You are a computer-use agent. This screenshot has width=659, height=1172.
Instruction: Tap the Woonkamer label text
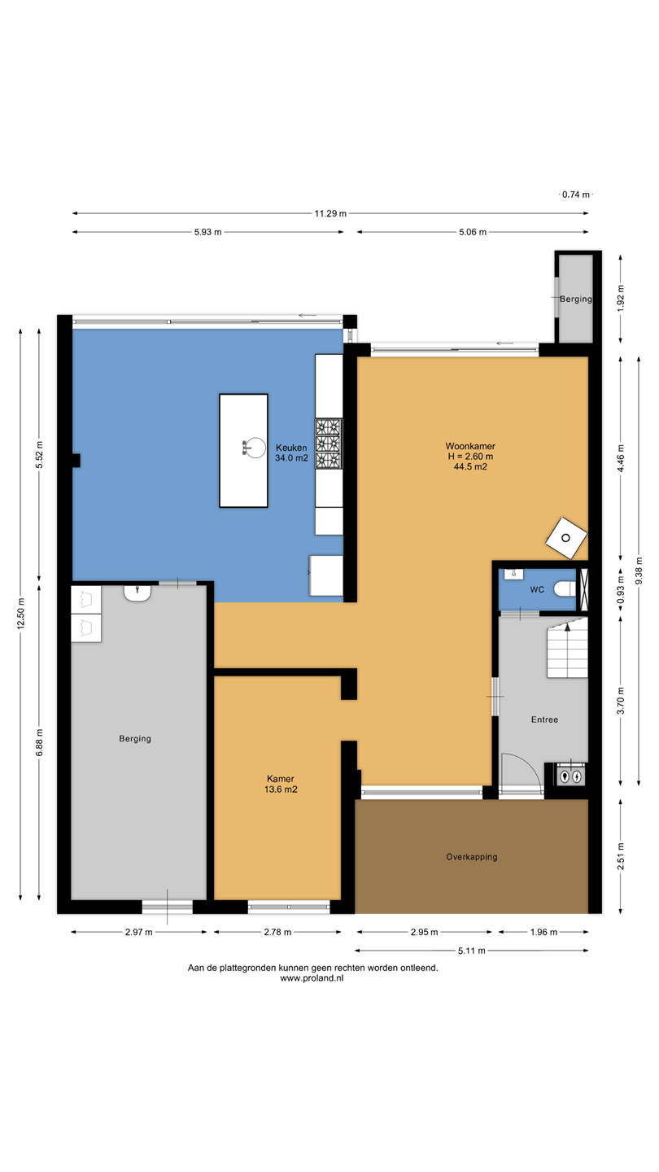[x=470, y=446]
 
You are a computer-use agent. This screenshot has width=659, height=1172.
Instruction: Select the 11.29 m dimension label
[x=330, y=213]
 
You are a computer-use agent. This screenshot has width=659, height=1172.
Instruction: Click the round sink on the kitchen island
[x=255, y=448]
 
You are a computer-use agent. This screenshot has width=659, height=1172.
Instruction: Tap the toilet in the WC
[x=565, y=589]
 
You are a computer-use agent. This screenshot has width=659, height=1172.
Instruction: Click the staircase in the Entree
[x=568, y=648]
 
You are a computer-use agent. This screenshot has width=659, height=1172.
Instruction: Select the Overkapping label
[x=472, y=857]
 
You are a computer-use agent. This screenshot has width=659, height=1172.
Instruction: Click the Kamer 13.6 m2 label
[x=281, y=784]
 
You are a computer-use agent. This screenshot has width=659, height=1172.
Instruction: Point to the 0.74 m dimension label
[x=576, y=195]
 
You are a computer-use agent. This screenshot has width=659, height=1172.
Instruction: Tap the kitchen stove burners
[x=329, y=443]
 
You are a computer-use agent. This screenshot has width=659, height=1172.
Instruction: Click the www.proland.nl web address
[x=312, y=978]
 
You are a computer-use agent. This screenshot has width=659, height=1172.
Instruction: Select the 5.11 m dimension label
[x=472, y=951]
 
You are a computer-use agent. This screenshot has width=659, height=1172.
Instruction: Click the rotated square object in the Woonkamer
[x=566, y=538]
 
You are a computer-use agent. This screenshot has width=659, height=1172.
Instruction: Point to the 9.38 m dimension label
[x=639, y=571]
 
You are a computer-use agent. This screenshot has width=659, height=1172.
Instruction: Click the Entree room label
[x=544, y=720]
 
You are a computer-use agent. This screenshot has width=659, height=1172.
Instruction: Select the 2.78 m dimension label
[x=277, y=932]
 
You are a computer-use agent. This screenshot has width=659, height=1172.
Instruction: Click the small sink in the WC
[x=513, y=574]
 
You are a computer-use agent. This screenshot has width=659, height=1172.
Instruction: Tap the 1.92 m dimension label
[x=621, y=298]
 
